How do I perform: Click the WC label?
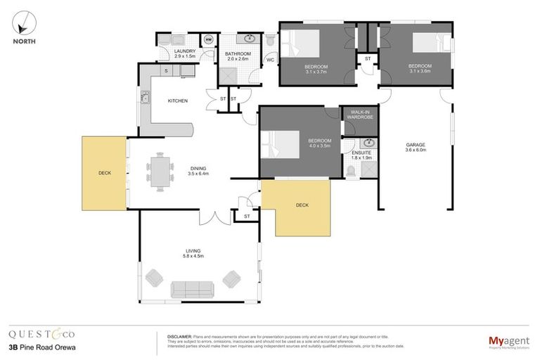[x=269, y=60]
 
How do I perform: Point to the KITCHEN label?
[x=177, y=101]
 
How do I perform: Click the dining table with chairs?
[x=160, y=173]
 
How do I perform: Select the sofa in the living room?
[x=192, y=288]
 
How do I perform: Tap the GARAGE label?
[x=415, y=146]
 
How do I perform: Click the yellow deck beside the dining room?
[x=103, y=172]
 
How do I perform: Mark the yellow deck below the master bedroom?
[x=303, y=206]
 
